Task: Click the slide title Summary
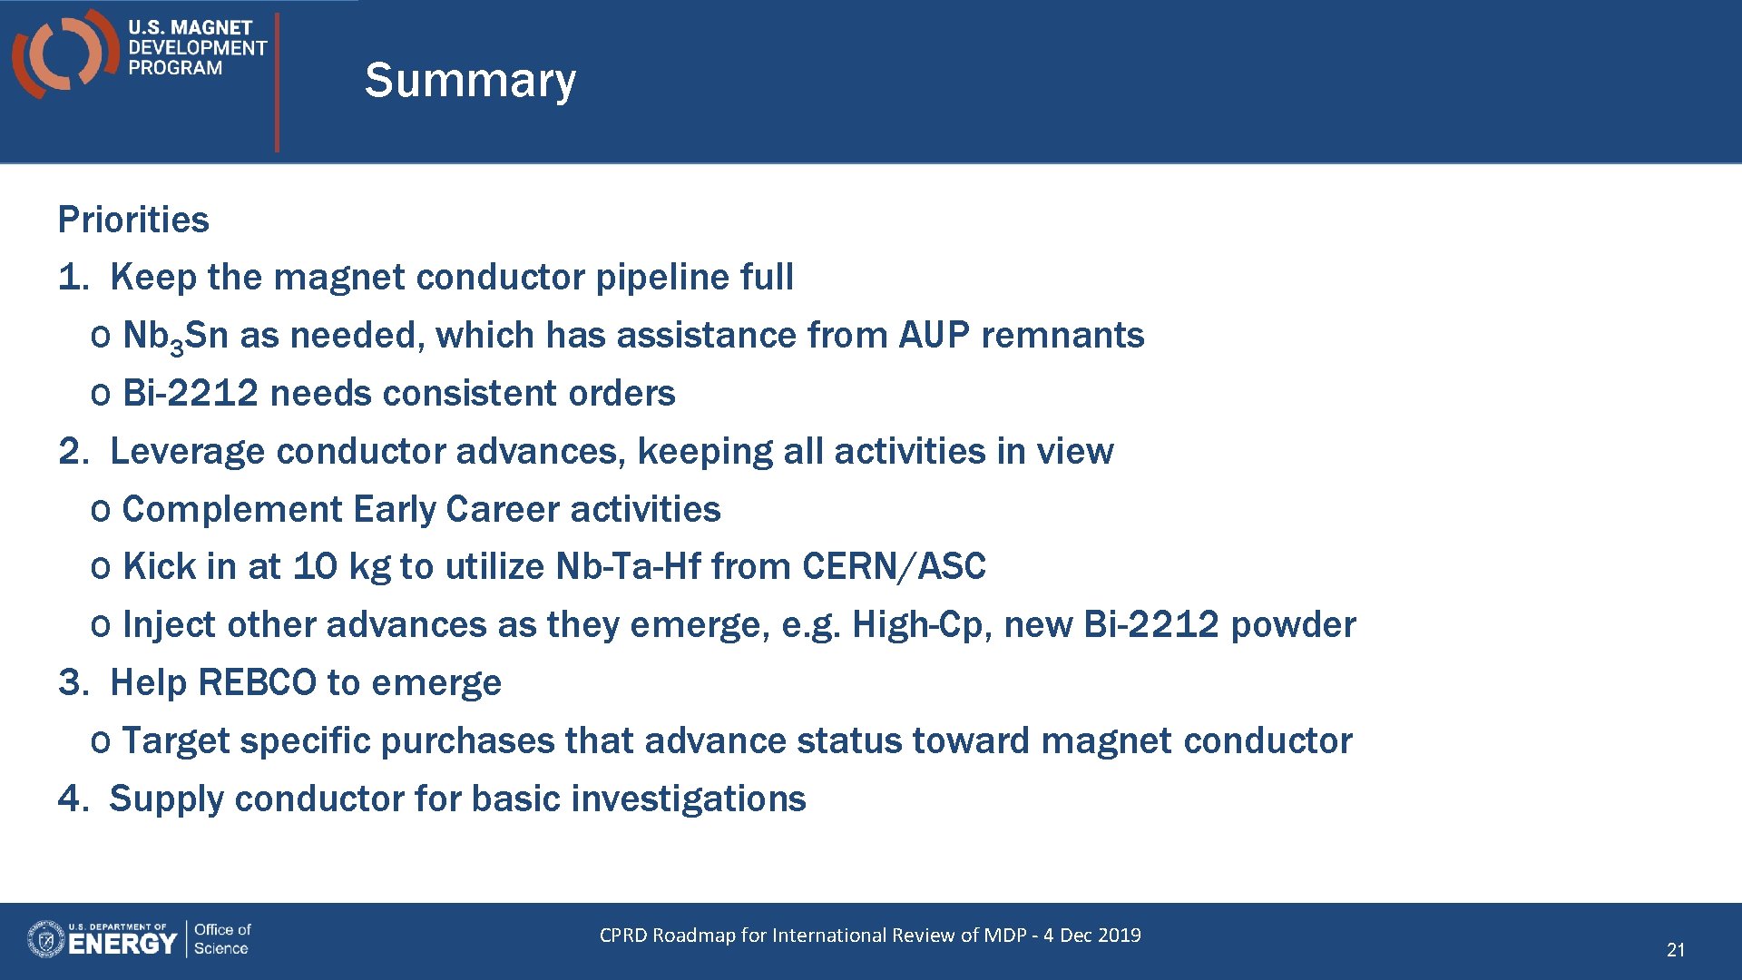pyautogui.click(x=469, y=81)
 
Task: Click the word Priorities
pyautogui.click(x=133, y=220)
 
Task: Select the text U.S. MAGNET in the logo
pyautogui.click(x=190, y=28)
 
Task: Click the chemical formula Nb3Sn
pyautogui.click(x=174, y=336)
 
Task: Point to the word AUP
pyautogui.click(x=934, y=335)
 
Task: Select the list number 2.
pyautogui.click(x=71, y=451)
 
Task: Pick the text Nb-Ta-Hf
pyautogui.click(x=628, y=566)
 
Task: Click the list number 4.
pyautogui.click(x=71, y=799)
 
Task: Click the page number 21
pyautogui.click(x=1675, y=949)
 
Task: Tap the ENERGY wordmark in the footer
pyautogui.click(x=122, y=944)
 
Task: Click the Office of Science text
pyautogui.click(x=221, y=939)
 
